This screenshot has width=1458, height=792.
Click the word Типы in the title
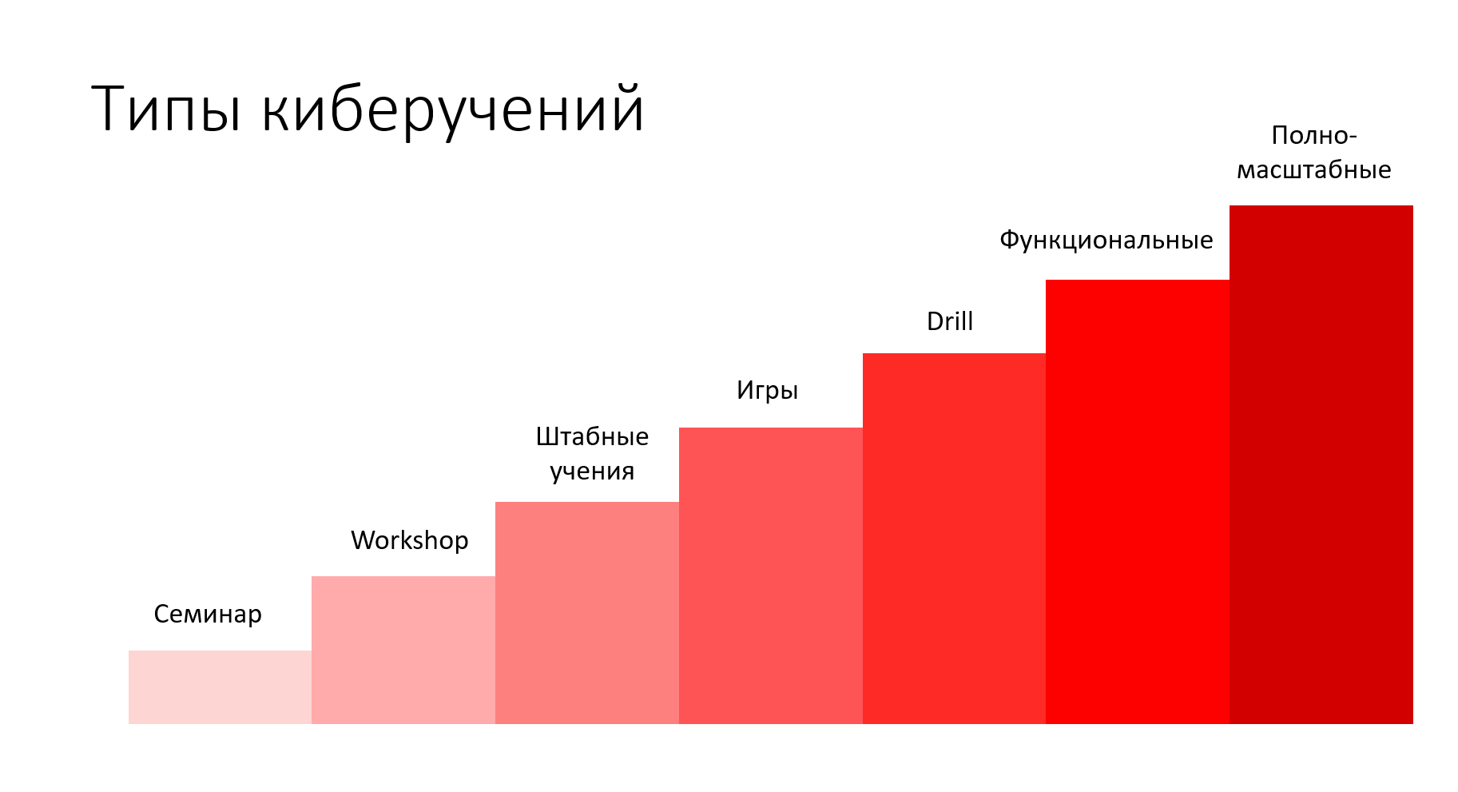point(166,109)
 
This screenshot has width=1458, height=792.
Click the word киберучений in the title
point(453,109)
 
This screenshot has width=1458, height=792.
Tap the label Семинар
point(208,614)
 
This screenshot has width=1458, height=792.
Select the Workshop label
point(410,540)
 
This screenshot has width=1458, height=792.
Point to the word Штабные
point(592,436)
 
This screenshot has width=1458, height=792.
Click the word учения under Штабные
point(592,472)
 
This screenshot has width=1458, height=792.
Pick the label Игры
point(767,391)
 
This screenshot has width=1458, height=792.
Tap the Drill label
point(950,321)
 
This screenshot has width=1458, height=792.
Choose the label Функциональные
point(1106,241)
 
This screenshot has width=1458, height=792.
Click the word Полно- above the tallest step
point(1314,135)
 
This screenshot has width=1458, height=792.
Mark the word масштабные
point(1314,170)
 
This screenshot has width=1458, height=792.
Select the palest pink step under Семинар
point(220,687)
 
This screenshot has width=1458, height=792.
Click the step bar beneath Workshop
point(403,651)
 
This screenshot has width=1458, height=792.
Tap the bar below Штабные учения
point(587,613)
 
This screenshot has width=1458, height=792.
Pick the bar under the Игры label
point(771,576)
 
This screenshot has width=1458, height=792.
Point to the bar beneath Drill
point(954,539)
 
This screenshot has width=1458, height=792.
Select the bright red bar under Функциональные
point(1138,502)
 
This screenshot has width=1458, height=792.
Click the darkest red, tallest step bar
point(1321,465)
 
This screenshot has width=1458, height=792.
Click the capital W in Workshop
point(364,540)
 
